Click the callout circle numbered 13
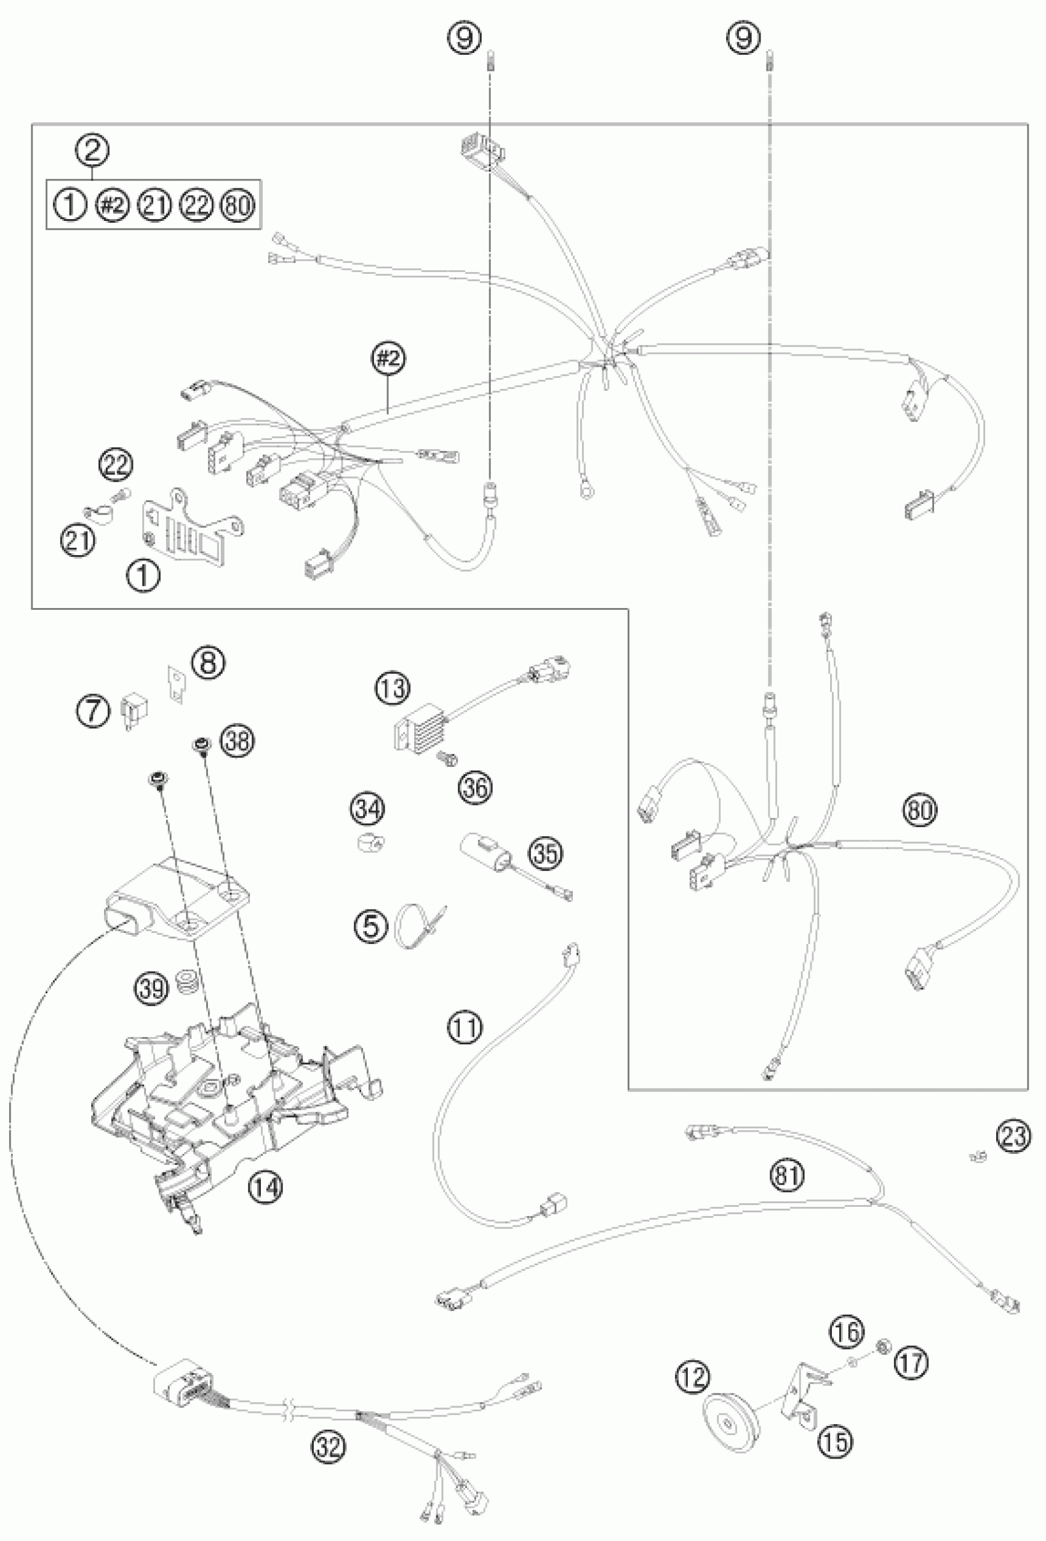pos(393,688)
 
